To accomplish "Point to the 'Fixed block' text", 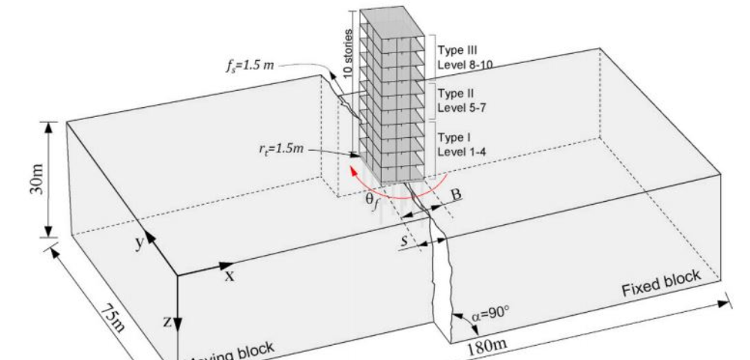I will click(660, 283).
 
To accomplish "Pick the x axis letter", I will click(230, 274).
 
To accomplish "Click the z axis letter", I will click(168, 322).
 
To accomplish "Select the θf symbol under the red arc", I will click(371, 202).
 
